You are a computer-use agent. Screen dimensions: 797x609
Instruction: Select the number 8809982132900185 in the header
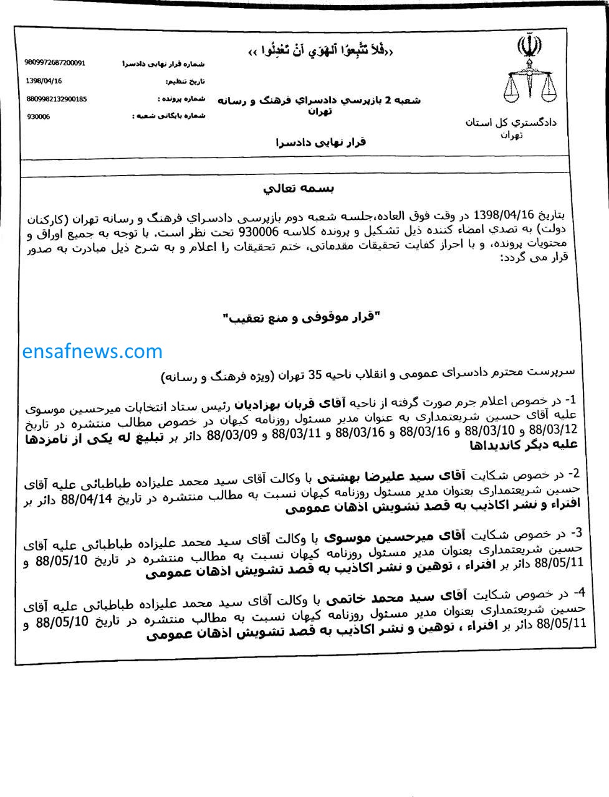[x=56, y=99]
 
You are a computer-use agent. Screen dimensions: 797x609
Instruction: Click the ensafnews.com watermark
[x=92, y=351]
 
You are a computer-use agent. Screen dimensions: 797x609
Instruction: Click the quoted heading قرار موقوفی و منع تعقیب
[x=302, y=318]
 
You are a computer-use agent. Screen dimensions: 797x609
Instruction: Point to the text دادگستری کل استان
[x=511, y=122]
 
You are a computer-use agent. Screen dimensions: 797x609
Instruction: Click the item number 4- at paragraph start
[x=580, y=590]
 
